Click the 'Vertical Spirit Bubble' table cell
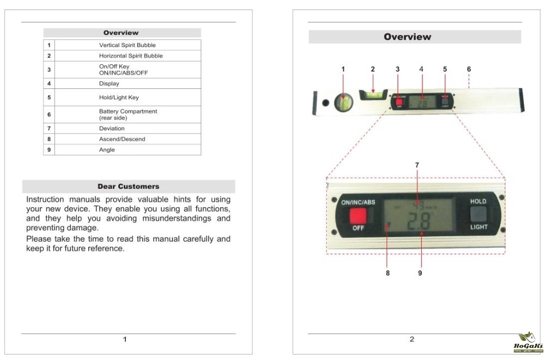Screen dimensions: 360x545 coord(126,45)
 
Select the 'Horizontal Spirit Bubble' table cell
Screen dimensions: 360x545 coord(131,56)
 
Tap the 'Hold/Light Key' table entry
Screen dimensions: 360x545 coord(119,98)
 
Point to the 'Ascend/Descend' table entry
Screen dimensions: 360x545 coord(122,139)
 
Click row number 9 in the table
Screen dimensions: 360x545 coord(49,149)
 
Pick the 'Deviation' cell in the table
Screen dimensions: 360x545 coord(112,129)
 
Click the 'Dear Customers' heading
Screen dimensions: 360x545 coord(128,187)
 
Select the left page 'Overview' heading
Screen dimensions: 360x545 coord(121,33)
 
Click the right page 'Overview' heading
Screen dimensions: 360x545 coord(407,37)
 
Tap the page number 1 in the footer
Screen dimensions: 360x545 coord(125,339)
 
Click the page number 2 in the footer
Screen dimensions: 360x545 coord(411,339)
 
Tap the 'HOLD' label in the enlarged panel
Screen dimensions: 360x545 coord(479,201)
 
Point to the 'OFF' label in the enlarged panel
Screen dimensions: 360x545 coord(358,229)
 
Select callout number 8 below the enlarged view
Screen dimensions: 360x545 coord(388,273)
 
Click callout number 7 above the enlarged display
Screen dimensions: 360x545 coord(417,164)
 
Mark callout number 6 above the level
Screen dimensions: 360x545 coord(469,69)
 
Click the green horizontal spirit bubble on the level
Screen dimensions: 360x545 coord(373,94)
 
